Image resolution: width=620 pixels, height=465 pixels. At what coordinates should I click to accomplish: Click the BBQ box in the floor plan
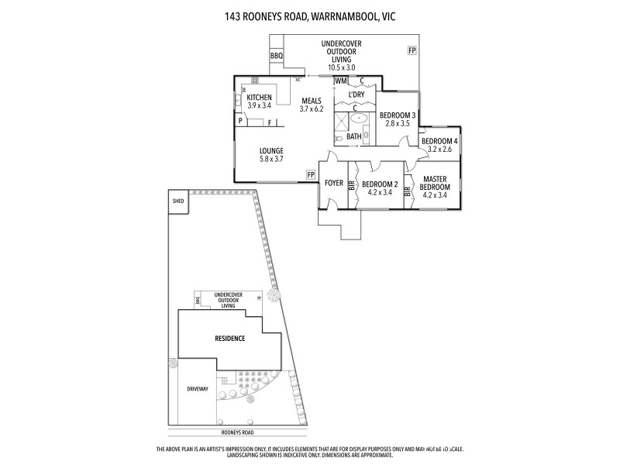(x=277, y=57)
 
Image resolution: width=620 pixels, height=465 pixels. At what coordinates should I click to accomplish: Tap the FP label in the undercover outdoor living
(x=412, y=50)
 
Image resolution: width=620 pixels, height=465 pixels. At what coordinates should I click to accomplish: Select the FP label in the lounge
(x=311, y=175)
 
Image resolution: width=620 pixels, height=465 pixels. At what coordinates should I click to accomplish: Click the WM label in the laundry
(x=340, y=81)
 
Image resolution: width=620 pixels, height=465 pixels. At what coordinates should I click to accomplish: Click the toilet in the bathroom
(x=338, y=139)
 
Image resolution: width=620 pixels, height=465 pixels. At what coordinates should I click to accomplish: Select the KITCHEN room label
(x=259, y=98)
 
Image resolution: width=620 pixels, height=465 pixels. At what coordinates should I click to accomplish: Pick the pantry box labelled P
(x=241, y=122)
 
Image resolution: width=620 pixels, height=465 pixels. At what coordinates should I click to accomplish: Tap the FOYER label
(x=333, y=184)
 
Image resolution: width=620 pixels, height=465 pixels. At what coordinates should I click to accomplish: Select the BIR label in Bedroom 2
(x=352, y=185)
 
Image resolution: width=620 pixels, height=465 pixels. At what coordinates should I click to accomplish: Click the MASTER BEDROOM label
(x=434, y=183)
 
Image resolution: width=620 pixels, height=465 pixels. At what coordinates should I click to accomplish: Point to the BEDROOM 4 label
(x=439, y=141)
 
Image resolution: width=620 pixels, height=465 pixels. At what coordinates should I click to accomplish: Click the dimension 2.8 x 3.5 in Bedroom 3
(x=397, y=123)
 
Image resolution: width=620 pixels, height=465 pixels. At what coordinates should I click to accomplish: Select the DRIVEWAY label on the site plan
(x=198, y=389)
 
